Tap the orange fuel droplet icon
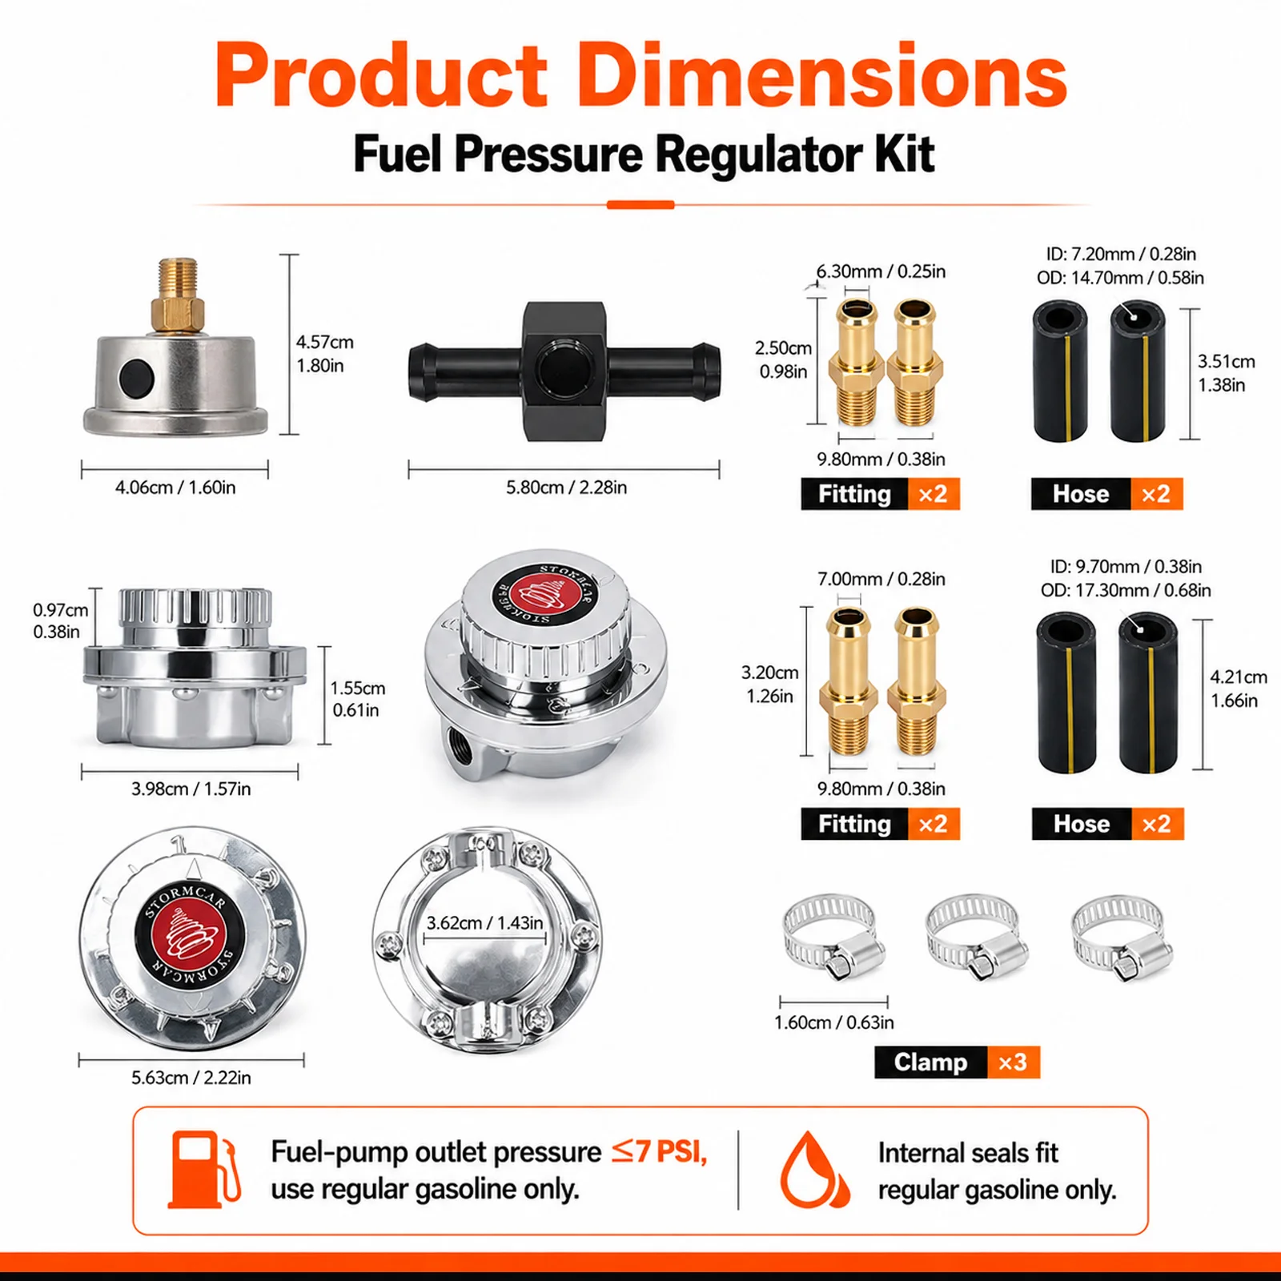[815, 1170]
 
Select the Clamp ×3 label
[957, 1062]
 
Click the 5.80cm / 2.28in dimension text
[566, 488]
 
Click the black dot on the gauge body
[135, 376]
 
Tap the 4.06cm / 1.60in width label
[175, 488]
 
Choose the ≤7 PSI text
[659, 1152]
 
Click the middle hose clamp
[977, 937]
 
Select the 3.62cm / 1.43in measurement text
[484, 923]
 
